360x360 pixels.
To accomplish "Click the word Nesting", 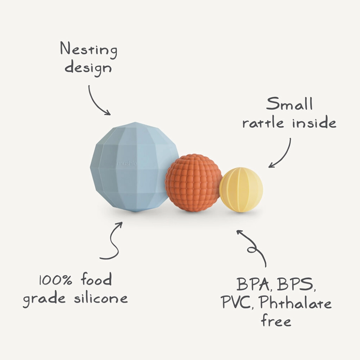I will point(88,49).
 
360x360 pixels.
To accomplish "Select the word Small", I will point(289,104).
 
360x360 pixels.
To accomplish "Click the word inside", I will point(314,123).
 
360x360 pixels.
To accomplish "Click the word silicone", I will point(100,298).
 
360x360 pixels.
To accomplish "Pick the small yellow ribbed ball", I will point(241,189).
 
